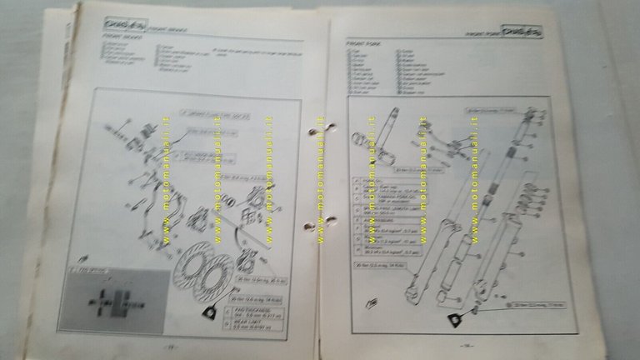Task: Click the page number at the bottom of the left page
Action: click(170, 348)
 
